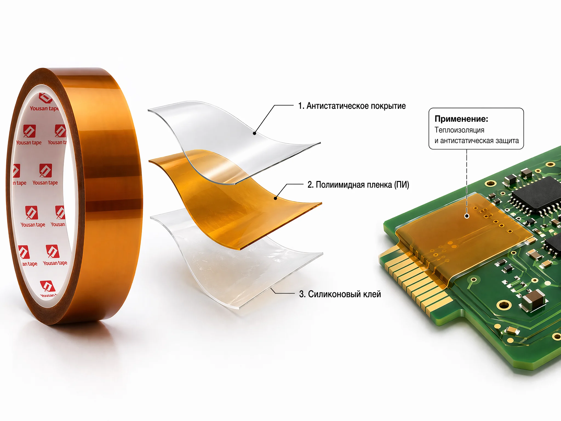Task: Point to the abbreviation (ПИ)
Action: [x=402, y=185]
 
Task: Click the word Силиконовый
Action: [x=334, y=294]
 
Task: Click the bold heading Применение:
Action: [x=461, y=119]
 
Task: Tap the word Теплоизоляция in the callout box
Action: [x=459, y=130]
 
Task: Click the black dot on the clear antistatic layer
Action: [x=254, y=133]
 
